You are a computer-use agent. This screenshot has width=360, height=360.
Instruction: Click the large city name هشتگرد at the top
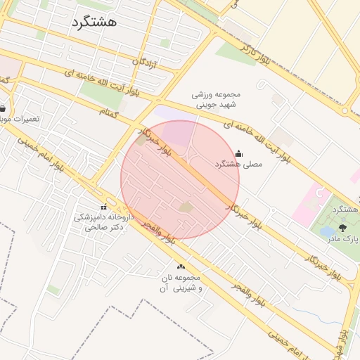coord(94,22)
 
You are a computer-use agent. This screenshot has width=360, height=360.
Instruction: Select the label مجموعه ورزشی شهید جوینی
coord(217,101)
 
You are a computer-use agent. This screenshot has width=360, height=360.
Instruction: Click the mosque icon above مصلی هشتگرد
coord(238,153)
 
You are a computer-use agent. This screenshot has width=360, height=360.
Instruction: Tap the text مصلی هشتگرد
coord(238,164)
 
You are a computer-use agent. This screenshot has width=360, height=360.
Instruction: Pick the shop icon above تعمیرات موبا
coord(2,108)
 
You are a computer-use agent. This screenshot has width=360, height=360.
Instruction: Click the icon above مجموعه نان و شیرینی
coord(181,266)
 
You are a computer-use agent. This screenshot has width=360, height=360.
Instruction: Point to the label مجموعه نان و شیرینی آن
coord(181,283)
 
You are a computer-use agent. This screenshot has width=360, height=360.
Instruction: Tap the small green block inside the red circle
coord(186,207)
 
